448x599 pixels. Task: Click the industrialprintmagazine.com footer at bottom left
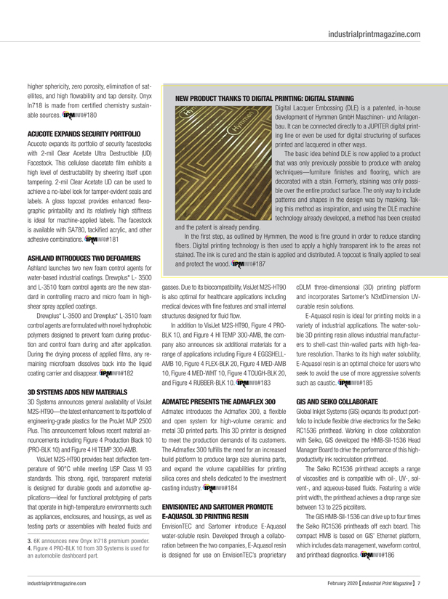point(64,580)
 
